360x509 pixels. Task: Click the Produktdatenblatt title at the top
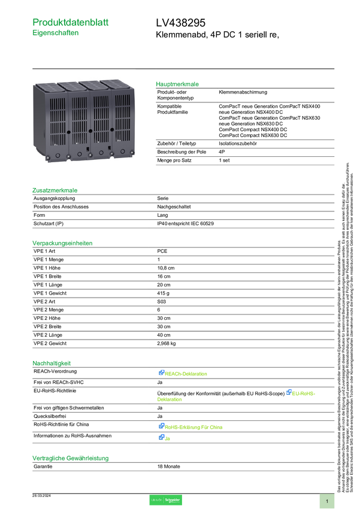[71, 22]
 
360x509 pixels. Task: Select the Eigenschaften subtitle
[56, 34]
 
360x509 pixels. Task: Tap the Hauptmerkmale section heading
[177, 84]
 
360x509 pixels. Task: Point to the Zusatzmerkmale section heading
[55, 190]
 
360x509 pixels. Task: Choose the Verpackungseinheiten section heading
[62, 243]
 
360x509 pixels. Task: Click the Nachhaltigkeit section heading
[52, 362]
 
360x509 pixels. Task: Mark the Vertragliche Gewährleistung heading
[71, 458]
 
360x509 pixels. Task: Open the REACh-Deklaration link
[186, 374]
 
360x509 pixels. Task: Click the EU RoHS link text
[304, 393]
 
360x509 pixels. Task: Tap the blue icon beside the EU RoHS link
[288, 392]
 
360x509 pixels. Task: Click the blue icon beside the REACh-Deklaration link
[161, 373]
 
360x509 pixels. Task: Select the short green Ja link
[168, 438]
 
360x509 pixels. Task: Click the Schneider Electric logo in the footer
[165, 500]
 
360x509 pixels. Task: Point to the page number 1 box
[327, 501]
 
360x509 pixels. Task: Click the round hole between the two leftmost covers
[69, 130]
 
